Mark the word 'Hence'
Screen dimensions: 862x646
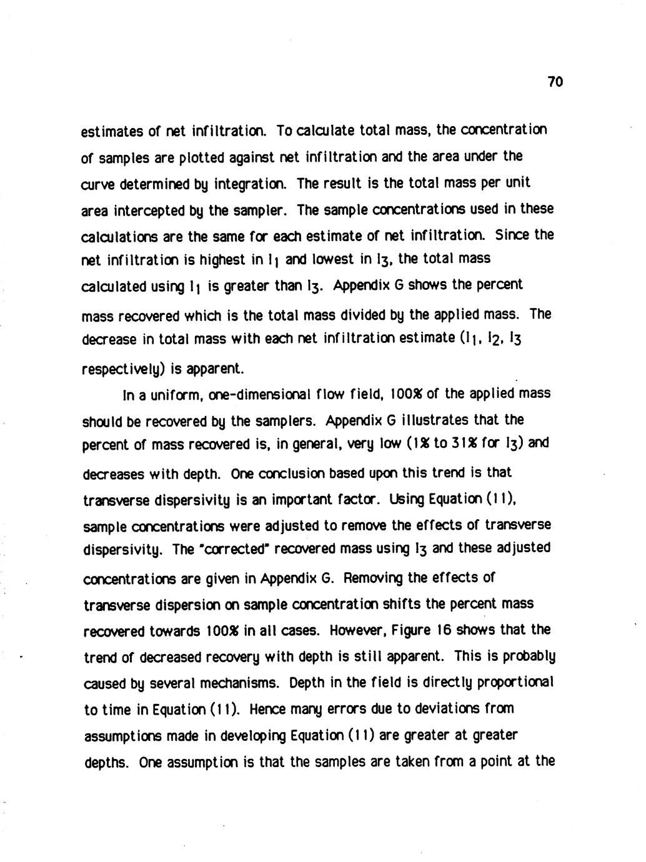(269, 710)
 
